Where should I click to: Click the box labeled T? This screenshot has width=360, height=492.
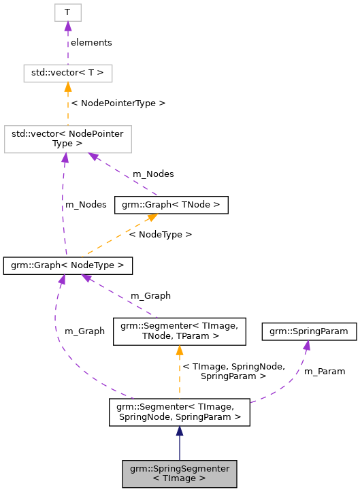point(67,12)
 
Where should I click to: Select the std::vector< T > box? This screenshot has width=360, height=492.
point(67,72)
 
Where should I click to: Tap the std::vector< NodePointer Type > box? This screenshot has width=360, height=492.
point(67,139)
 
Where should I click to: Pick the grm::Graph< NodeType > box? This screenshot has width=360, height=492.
point(67,265)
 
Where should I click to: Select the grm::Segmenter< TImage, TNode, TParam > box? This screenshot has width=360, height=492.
point(179,331)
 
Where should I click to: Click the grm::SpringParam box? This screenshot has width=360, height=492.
point(310,331)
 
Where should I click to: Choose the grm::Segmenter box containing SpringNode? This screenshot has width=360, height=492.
point(179,412)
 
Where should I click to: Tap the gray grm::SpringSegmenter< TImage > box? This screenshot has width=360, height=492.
point(179,473)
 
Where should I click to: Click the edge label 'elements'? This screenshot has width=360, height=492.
point(91,42)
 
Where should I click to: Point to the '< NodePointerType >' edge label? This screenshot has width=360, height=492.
point(118,103)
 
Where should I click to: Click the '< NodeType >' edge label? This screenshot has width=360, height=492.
point(161,234)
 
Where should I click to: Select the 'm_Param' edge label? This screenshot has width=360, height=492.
point(324,372)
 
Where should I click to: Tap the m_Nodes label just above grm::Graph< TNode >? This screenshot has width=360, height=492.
point(152,174)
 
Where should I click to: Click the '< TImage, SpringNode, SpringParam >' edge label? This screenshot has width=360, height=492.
point(224,372)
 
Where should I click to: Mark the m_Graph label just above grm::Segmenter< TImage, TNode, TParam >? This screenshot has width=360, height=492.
point(150,296)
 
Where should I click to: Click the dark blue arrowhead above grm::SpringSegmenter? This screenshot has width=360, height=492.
point(179,431)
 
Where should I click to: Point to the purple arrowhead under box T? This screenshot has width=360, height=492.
point(67,26)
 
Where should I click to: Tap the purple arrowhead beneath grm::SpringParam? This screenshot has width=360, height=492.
point(307,345)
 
